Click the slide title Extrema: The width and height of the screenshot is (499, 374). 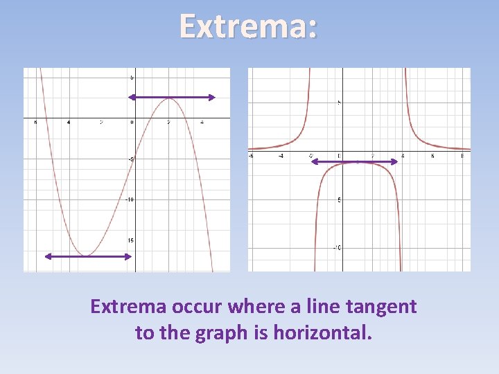tap(249, 26)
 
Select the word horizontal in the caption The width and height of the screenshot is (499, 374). tap(322, 332)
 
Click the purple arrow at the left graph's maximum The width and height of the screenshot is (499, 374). tap(172, 98)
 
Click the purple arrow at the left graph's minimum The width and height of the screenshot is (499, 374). tap(88, 256)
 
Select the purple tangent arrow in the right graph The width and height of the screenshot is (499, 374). tap(354, 161)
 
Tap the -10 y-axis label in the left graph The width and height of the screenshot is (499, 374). tap(129, 200)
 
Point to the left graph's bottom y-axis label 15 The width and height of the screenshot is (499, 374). tap(130, 240)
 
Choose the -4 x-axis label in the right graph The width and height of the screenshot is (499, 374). tap(281, 157)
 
